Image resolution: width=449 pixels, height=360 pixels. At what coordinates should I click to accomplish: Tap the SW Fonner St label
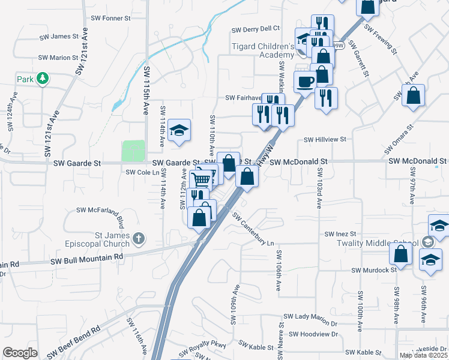[x=108, y=19]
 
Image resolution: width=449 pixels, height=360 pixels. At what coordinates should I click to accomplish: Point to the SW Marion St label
[x=59, y=58]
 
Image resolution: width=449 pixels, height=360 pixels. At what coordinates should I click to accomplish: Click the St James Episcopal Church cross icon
[x=139, y=239]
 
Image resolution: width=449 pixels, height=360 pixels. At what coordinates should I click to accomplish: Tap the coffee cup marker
[x=304, y=82]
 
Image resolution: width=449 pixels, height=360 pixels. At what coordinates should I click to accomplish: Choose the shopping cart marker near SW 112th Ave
[x=202, y=179]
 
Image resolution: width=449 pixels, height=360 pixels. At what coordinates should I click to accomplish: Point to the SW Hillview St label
[x=325, y=139]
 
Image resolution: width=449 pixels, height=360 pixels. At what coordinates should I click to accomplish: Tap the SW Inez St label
[x=340, y=233]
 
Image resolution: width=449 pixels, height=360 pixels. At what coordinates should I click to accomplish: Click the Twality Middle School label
[x=386, y=243]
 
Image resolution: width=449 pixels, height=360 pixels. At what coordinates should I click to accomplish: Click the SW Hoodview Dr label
[x=313, y=334]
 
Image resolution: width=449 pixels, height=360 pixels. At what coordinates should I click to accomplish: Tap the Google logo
[x=20, y=352]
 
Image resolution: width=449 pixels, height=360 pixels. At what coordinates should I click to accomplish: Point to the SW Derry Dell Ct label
[x=256, y=29]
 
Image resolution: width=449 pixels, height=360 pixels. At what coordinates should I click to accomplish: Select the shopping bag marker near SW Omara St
[x=414, y=95]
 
